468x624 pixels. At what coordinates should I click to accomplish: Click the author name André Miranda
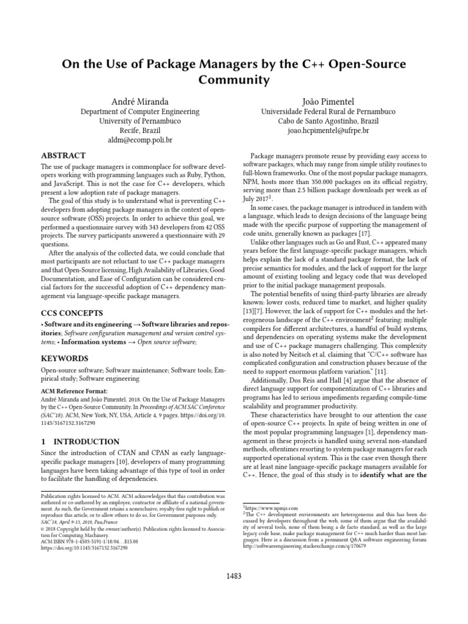[x=140, y=101]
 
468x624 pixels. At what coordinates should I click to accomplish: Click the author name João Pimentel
[x=328, y=101]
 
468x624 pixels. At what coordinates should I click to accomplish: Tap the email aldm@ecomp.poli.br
[x=140, y=140]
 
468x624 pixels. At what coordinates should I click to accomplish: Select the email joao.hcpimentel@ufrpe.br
[x=328, y=130]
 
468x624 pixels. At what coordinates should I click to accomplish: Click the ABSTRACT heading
[x=63, y=156]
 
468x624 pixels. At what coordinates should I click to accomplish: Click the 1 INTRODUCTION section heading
[x=80, y=441]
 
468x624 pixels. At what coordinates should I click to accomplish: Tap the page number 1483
[x=234, y=577]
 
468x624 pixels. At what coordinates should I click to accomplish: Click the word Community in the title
[x=234, y=80]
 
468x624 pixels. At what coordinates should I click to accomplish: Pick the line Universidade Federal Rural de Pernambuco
[x=328, y=112]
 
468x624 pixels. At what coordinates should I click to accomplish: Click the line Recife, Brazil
[x=140, y=130]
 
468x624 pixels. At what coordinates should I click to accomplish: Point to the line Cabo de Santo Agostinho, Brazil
[x=328, y=121]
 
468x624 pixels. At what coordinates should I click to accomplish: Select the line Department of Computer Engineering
[x=140, y=112]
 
